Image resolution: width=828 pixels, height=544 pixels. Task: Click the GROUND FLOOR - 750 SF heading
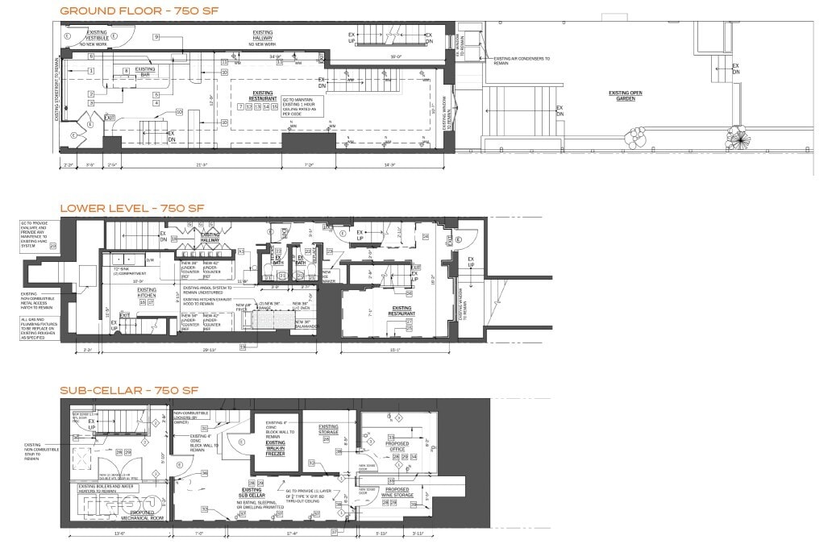pos(137,10)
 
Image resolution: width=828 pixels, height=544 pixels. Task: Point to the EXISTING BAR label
pos(145,71)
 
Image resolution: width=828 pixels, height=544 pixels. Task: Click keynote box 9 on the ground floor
pos(156,37)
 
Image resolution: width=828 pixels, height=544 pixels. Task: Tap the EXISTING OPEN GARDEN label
pos(625,94)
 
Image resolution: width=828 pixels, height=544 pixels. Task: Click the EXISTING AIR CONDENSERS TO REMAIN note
pos(522,59)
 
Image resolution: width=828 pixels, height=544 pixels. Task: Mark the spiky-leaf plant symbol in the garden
pos(736,138)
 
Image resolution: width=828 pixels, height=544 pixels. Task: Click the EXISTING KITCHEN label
pos(147,292)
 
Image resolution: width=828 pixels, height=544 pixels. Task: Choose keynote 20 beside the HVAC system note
pos(53,247)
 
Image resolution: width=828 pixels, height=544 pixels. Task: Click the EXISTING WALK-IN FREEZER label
pos(276,448)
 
